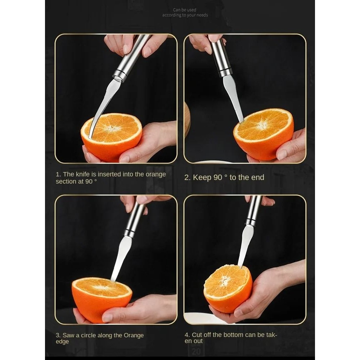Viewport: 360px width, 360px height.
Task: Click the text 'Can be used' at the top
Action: pyautogui.click(x=184, y=10)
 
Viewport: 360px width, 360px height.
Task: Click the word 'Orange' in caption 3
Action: pyautogui.click(x=134, y=335)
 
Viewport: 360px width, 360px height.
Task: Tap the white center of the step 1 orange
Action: pyautogui.click(x=112, y=128)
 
